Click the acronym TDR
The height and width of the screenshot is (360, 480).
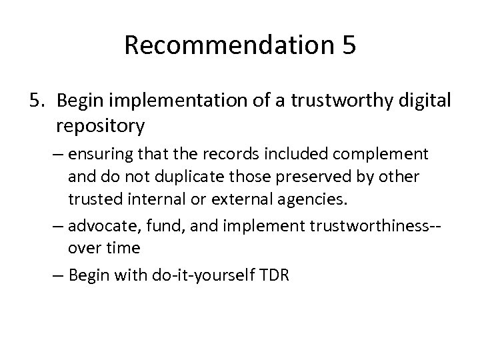272,274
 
